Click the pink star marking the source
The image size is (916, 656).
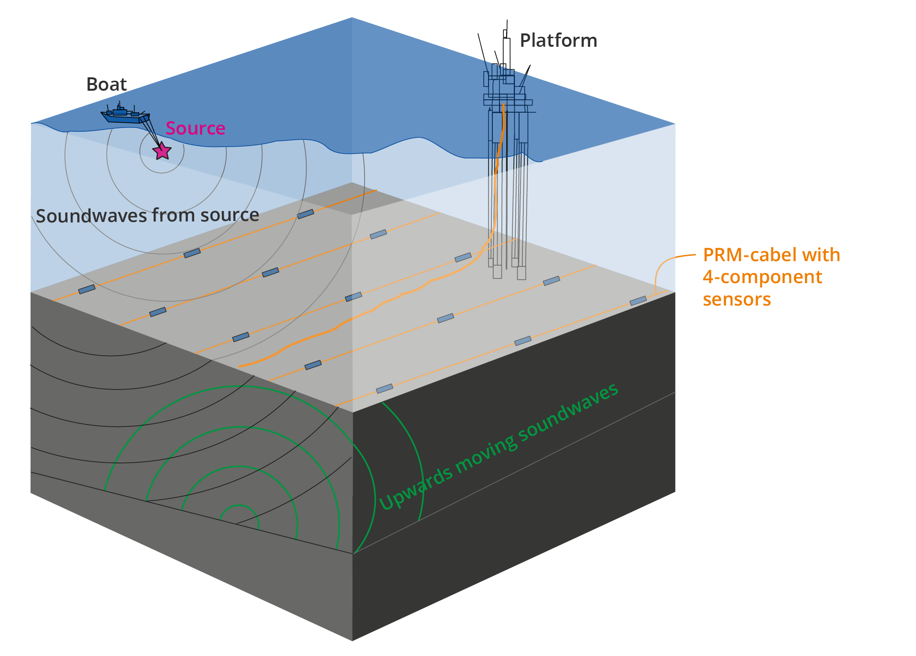[x=162, y=151]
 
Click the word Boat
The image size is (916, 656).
[x=106, y=85]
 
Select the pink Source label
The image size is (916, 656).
[x=195, y=128]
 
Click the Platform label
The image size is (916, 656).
[x=558, y=41]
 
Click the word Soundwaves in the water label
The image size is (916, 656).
[x=92, y=216]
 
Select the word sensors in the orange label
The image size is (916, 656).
[x=737, y=299]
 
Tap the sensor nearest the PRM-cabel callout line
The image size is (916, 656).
[x=638, y=301]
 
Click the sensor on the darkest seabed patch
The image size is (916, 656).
[x=306, y=214]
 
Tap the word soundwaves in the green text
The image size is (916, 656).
[x=568, y=413]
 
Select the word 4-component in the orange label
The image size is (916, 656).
[x=762, y=277]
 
